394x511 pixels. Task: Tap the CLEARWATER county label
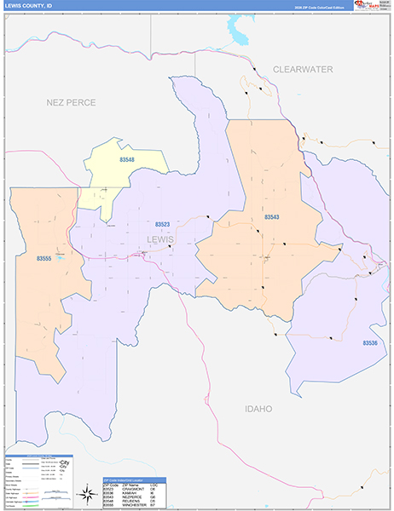click(x=303, y=69)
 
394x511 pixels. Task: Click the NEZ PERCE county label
click(x=71, y=102)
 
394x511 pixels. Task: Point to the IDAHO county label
click(x=258, y=409)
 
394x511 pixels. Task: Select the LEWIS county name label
click(x=159, y=239)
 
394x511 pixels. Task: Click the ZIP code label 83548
click(x=127, y=160)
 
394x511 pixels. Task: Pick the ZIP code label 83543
click(x=271, y=218)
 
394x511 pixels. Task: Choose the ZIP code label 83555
click(x=45, y=257)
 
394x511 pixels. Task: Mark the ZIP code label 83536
click(x=369, y=343)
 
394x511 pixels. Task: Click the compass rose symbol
click(x=88, y=493)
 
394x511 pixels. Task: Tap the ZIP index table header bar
click(x=134, y=479)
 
